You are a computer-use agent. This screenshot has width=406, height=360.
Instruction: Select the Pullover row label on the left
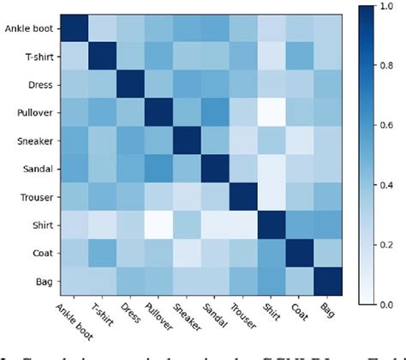36,112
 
